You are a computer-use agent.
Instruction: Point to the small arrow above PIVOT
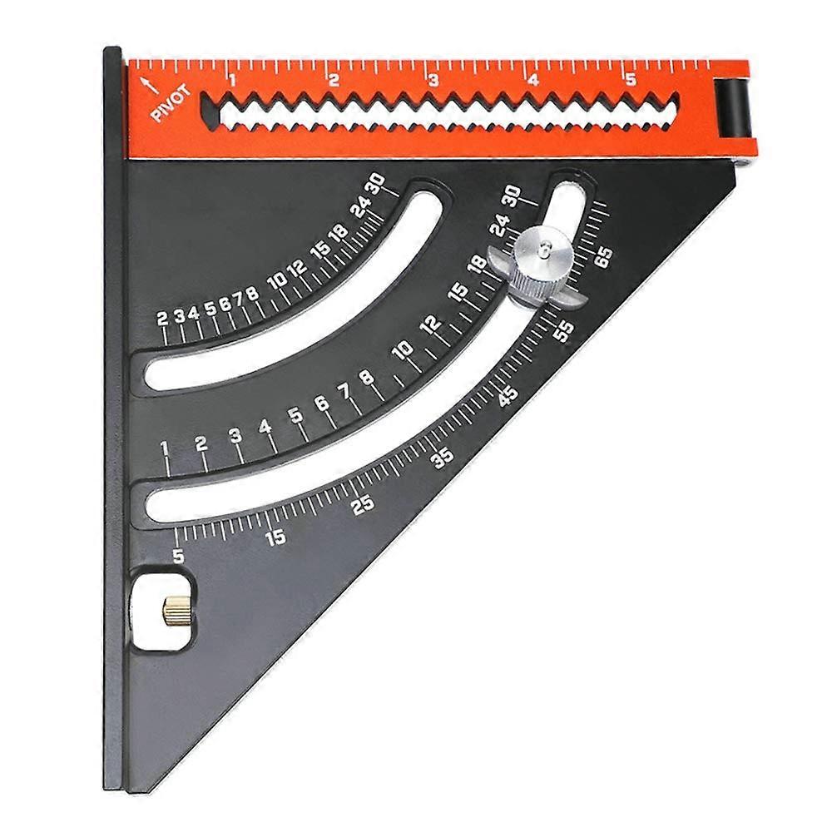coord(147,83)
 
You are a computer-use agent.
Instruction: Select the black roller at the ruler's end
coord(734,108)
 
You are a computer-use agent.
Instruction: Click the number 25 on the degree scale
coord(363,504)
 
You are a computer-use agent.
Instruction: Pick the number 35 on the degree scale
coord(443,457)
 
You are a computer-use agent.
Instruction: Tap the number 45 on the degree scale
coord(508,394)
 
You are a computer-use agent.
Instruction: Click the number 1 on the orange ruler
coord(232,81)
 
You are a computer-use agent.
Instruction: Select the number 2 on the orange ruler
coord(333,81)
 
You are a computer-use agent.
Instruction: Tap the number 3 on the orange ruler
coord(433,81)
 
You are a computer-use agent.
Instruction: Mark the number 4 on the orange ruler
coord(532,81)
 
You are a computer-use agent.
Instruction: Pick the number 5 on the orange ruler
coord(631,80)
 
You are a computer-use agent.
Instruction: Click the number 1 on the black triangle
coord(165,450)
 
